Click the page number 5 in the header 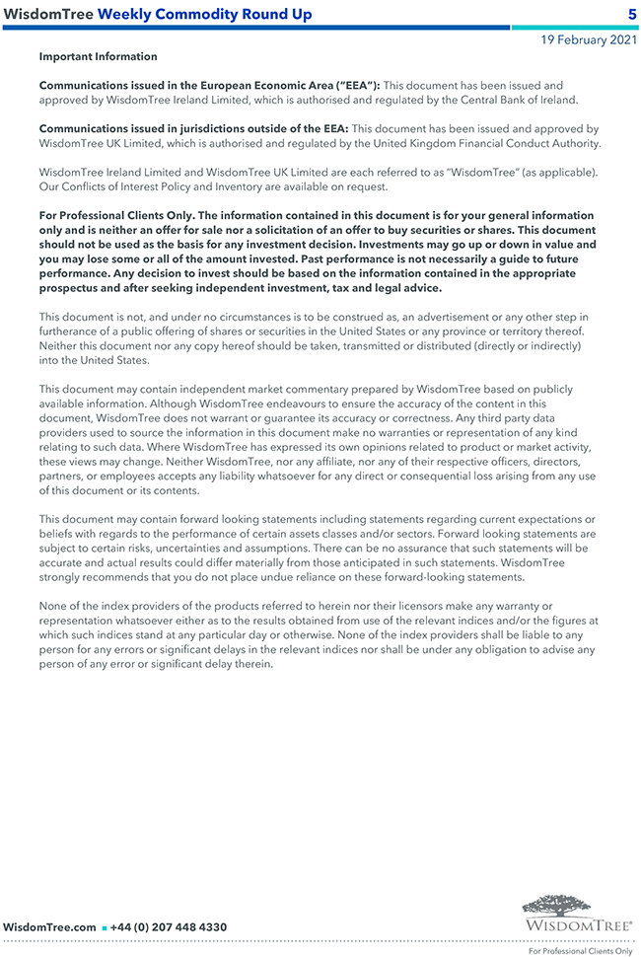pyautogui.click(x=631, y=14)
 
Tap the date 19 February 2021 pyautogui.click(x=588, y=40)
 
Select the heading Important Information pyautogui.click(x=98, y=57)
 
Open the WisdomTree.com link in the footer pyautogui.click(x=49, y=927)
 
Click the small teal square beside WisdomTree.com pyautogui.click(x=105, y=928)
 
